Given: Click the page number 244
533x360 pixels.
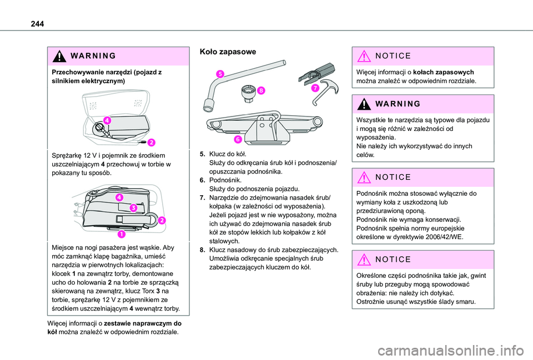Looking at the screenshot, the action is (x=37, y=24).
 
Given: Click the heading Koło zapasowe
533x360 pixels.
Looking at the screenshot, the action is (x=228, y=52).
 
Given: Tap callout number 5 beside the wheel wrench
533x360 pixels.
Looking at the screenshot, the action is (x=220, y=74).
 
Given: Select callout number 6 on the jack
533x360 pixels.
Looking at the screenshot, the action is (x=238, y=139).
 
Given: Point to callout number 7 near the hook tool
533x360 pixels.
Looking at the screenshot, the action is (x=315, y=88).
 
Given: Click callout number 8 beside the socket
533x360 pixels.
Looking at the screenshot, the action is (x=261, y=90).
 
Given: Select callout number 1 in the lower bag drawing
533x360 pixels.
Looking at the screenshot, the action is (x=122, y=234).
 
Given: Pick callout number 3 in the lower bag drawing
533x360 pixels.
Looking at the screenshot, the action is (x=133, y=208).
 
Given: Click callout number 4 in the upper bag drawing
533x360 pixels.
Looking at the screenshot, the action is (x=107, y=120).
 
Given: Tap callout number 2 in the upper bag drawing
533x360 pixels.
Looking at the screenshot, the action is (x=151, y=143).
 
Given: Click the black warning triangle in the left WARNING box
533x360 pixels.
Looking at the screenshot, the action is (x=59, y=56).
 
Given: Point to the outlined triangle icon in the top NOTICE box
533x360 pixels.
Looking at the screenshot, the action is (x=364, y=56).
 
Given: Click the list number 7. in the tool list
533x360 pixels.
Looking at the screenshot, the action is (x=203, y=197).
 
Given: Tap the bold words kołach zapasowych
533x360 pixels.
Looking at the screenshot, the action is (x=443, y=72).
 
